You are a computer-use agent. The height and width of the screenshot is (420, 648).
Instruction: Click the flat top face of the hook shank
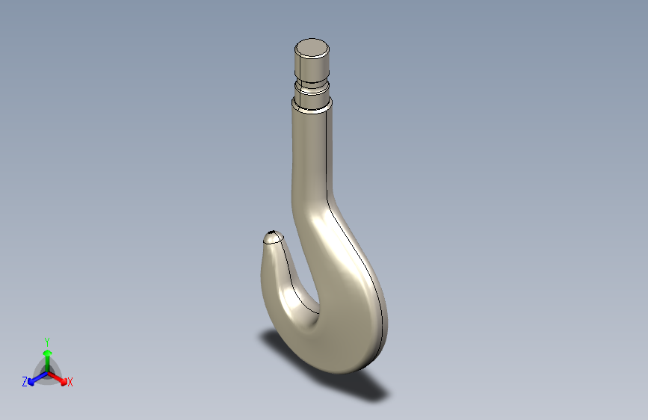coord(312,48)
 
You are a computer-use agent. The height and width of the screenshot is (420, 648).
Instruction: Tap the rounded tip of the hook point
coord(273,237)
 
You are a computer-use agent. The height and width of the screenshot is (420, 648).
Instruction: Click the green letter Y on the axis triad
coord(47,342)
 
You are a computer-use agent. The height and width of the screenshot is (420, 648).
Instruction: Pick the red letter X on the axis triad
coord(70,382)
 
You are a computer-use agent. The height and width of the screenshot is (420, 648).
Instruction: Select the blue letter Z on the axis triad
coord(25,382)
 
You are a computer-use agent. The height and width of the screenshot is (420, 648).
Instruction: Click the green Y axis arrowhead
coord(48,353)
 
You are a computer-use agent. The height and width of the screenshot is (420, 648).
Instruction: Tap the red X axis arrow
coord(57,378)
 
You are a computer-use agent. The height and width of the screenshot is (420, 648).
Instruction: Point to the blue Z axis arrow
coord(38,378)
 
